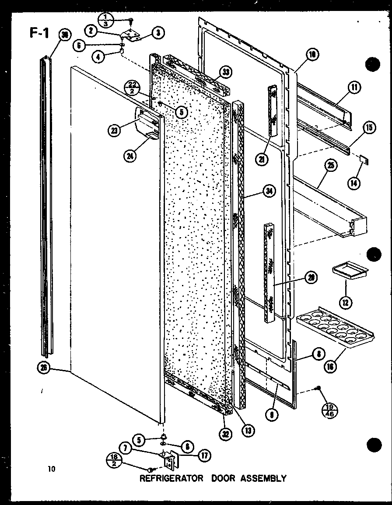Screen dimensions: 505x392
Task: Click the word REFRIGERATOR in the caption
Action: pos(171,478)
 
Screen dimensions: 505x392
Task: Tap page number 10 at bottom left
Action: pos(52,469)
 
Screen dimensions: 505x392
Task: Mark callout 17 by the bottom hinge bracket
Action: pos(203,455)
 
